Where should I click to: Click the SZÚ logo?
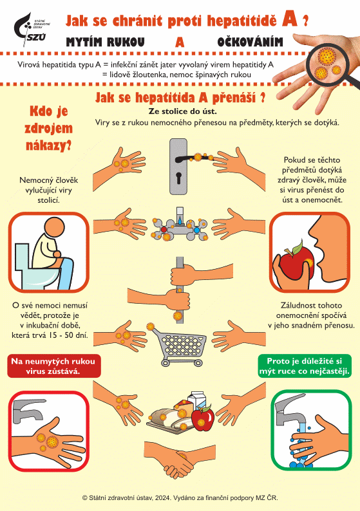[31, 30]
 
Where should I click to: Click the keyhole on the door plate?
[178, 178]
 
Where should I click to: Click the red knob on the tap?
[164, 229]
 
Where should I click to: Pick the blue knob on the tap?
[196, 230]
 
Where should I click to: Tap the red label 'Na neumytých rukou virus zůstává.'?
[54, 366]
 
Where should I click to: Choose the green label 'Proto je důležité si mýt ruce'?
[305, 366]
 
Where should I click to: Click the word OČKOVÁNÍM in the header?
[251, 42]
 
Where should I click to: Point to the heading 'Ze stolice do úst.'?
[183, 111]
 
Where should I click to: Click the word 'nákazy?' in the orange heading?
[48, 145]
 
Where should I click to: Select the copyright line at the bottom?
[180, 498]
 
